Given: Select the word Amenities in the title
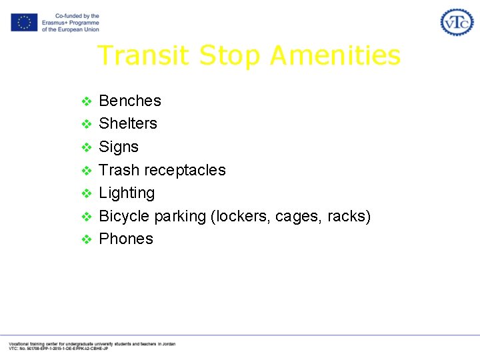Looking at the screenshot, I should pyautogui.click(x=335, y=55).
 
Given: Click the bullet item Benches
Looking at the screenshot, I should pyautogui.click(x=130, y=101).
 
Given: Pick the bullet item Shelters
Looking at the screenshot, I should pyautogui.click(x=128, y=123).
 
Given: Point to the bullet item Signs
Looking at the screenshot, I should pyautogui.click(x=119, y=147).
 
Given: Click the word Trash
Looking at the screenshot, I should pyautogui.click(x=119, y=170).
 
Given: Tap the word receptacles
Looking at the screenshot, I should pyautogui.click(x=185, y=170).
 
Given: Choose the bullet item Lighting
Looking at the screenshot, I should pyautogui.click(x=127, y=193).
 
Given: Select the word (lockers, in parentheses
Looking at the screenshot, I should pyautogui.click(x=237, y=216).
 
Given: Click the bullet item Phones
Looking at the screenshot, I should pyautogui.click(x=126, y=239).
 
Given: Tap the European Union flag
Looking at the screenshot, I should pyautogui.click(x=24, y=23).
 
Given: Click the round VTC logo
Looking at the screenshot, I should pyautogui.click(x=457, y=22).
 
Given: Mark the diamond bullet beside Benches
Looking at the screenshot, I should pyautogui.click(x=85, y=101).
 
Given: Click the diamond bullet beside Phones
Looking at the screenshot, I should pyautogui.click(x=85, y=239).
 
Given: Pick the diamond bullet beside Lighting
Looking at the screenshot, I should pyautogui.click(x=85, y=193).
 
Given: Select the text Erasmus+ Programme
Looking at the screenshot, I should pyautogui.click(x=70, y=23).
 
